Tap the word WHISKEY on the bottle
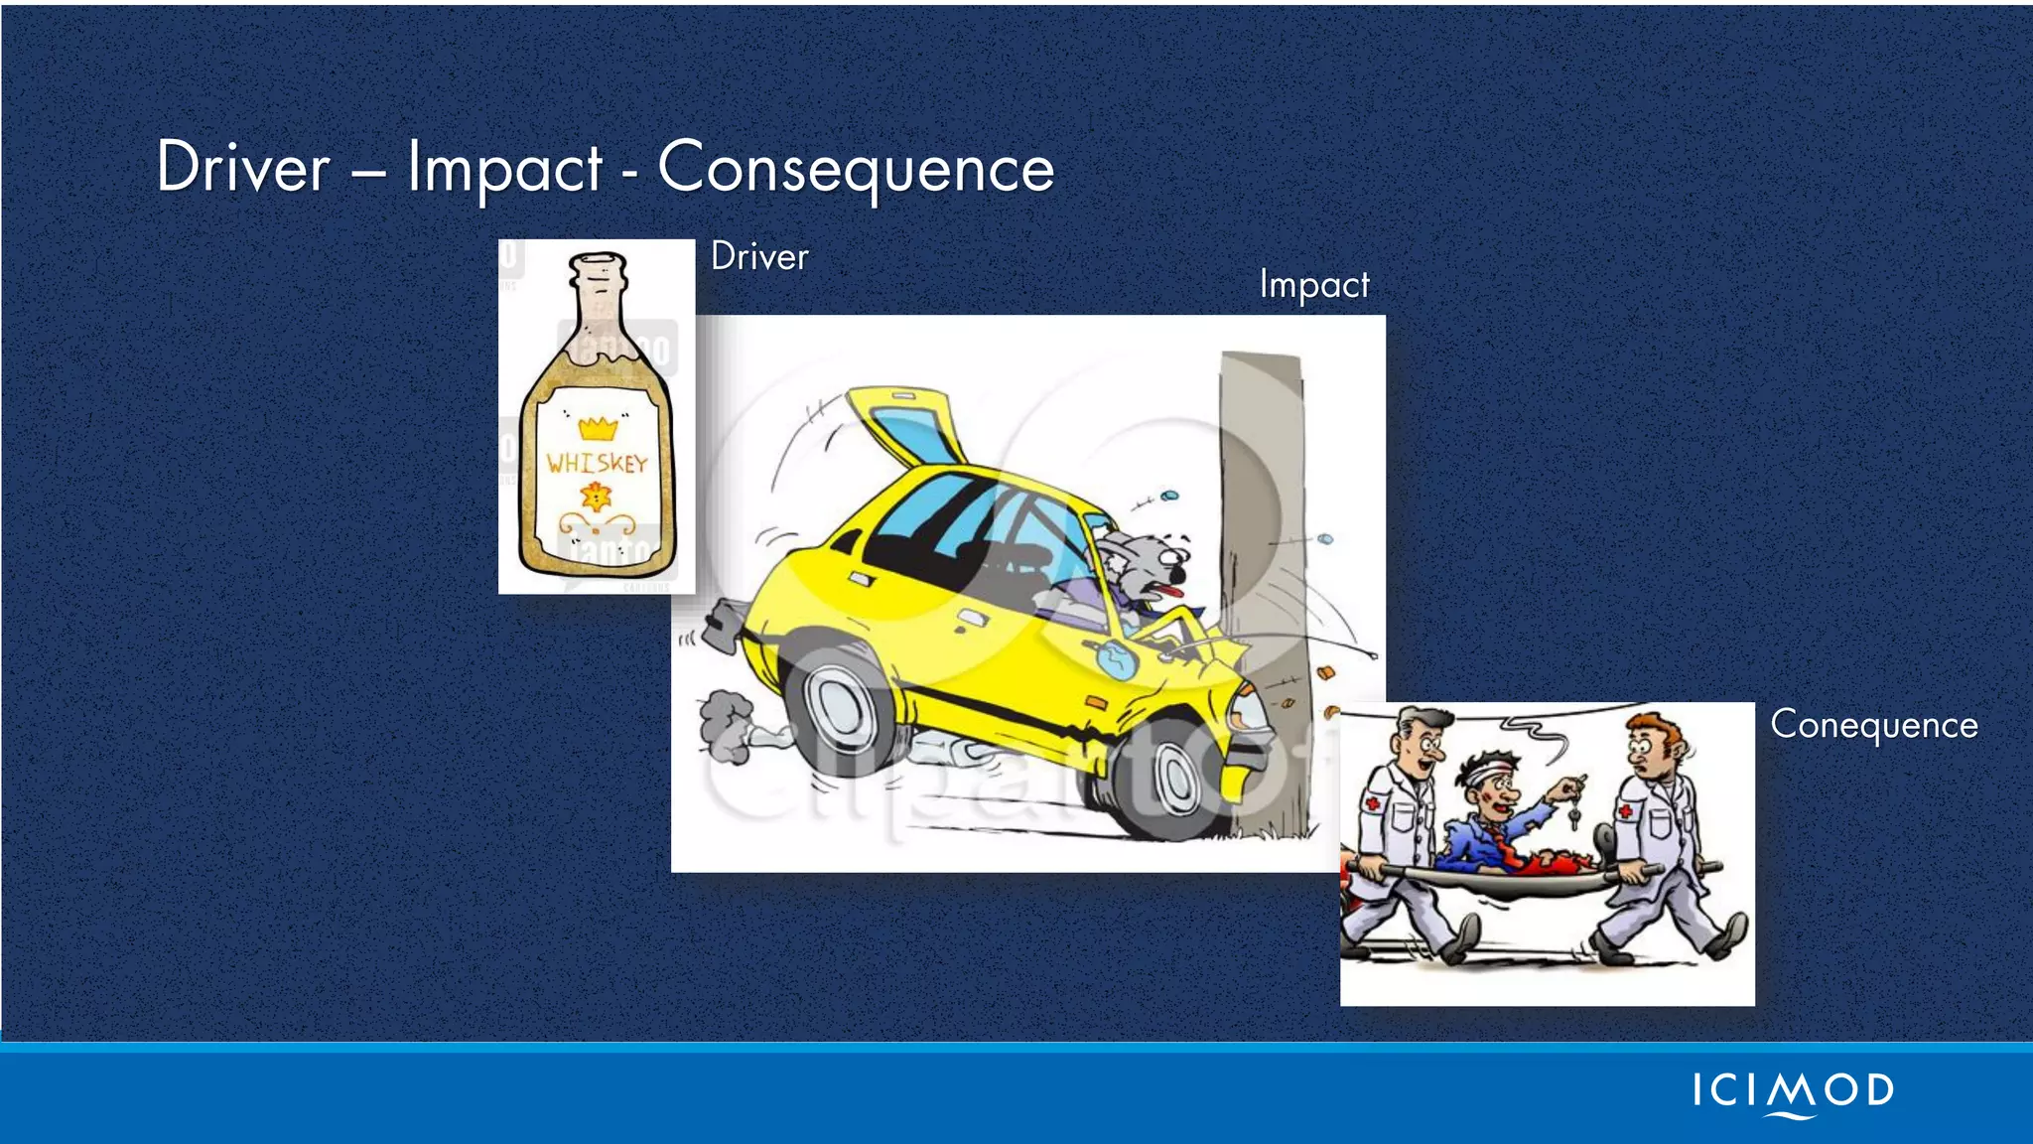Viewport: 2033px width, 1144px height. point(597,463)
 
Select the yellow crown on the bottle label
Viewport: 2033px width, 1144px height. point(598,429)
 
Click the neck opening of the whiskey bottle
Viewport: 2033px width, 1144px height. point(598,266)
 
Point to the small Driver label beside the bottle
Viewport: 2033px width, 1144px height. point(759,257)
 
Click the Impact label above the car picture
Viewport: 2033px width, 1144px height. point(1314,285)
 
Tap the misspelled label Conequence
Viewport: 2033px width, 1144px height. point(1873,725)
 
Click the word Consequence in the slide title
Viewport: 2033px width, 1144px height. point(855,169)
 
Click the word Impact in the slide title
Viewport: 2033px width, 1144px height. point(504,169)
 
